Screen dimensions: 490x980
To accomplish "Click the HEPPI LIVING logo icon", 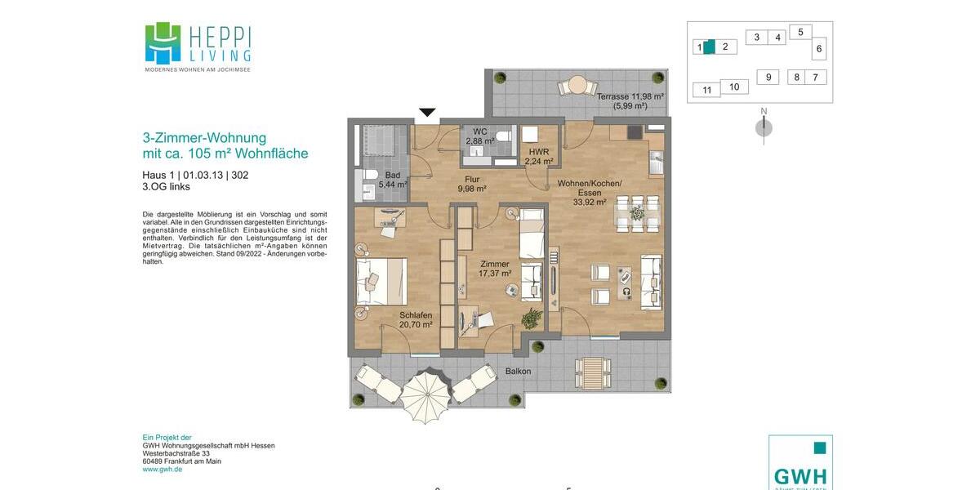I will point(163,42).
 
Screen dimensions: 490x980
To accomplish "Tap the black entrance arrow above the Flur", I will point(427,113).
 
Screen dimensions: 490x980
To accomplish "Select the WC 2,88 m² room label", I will point(480,136).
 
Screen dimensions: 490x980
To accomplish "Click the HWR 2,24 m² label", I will point(539,157).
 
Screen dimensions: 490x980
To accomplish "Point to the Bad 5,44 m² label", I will point(393,180).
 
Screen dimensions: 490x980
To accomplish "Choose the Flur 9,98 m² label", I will point(472,184).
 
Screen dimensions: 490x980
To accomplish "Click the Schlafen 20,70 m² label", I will point(416,320).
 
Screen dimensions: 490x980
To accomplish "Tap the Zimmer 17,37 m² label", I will point(495,269).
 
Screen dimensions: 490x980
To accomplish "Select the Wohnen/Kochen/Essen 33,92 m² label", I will point(590,193).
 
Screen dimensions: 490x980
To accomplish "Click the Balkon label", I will point(518,372).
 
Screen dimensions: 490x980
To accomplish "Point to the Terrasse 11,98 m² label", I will point(630,100).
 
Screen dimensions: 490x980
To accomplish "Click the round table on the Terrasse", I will point(577,85).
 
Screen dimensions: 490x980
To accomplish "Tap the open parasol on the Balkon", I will point(425,395).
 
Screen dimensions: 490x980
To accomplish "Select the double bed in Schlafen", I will point(381,281).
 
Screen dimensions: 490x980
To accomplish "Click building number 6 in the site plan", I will point(819,49).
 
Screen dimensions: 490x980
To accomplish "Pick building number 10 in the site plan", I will point(734,87).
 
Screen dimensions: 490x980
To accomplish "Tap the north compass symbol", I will point(764,127).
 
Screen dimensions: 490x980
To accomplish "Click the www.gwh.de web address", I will point(163,470).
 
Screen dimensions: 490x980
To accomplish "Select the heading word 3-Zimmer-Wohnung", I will point(204,138).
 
